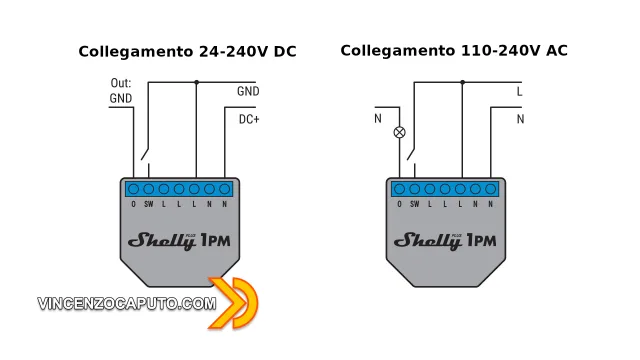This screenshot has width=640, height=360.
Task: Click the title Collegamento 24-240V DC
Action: click(188, 51)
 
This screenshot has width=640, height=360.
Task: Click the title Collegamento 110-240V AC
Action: click(454, 50)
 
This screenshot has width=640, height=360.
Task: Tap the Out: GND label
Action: click(120, 91)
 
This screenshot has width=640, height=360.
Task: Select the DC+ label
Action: click(249, 120)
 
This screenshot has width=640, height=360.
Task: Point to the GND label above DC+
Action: click(248, 92)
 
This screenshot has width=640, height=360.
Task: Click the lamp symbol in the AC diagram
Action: click(401, 131)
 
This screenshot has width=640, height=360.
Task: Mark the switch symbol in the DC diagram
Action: click(147, 157)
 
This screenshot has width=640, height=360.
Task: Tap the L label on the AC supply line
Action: click(520, 92)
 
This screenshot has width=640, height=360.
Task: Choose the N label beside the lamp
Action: click(377, 120)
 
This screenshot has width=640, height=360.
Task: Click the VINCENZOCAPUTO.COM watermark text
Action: click(126, 303)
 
